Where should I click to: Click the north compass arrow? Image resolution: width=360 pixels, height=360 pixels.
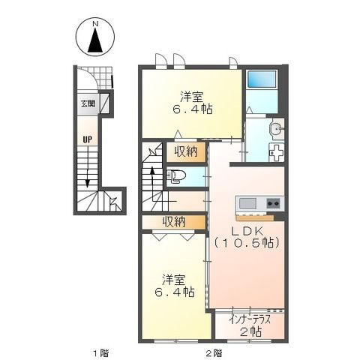[95, 40]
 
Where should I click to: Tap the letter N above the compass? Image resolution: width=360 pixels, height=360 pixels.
[95, 24]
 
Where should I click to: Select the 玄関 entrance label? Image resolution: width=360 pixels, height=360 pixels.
[88, 103]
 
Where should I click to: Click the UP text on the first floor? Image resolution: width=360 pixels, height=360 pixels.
[88, 139]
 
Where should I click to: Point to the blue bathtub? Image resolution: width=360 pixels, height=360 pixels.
[262, 79]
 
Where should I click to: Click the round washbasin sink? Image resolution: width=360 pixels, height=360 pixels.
[276, 129]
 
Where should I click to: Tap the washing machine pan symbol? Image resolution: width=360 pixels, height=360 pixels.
[276, 152]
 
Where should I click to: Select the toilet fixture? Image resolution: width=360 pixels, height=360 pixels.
[176, 175]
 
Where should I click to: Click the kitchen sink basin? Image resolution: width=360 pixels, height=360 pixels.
[247, 203]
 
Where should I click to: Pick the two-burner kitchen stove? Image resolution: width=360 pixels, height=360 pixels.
[274, 203]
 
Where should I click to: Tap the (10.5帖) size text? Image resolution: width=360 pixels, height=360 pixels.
[246, 242]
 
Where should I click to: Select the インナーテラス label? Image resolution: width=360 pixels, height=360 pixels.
[250, 320]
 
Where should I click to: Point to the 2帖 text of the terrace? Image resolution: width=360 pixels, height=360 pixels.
[250, 331]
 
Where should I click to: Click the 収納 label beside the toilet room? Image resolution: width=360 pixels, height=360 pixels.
[186, 151]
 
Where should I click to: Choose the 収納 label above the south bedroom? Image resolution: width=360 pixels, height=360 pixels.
[174, 221]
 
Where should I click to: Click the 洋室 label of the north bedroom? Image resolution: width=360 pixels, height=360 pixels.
[192, 97]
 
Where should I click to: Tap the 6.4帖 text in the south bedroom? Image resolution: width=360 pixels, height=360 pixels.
[174, 292]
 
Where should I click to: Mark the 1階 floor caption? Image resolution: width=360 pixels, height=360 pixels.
[101, 353]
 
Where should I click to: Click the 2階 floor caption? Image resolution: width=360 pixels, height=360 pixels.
[214, 353]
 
